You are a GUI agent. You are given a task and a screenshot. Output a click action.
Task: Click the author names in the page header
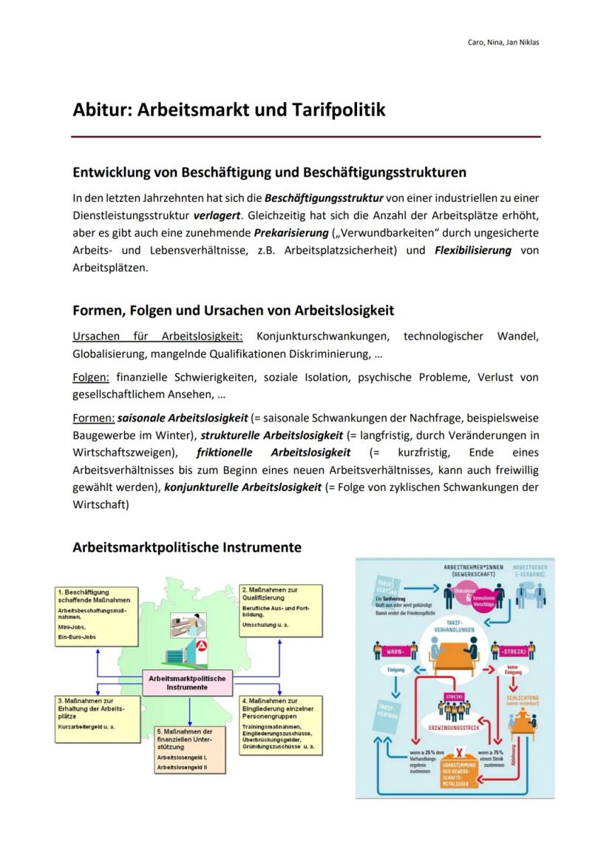coord(503,42)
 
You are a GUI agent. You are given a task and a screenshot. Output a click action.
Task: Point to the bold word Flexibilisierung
coord(472,250)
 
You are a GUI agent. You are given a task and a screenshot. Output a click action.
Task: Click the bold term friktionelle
coord(224,453)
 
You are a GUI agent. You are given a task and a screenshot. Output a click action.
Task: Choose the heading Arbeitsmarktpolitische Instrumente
coord(187,548)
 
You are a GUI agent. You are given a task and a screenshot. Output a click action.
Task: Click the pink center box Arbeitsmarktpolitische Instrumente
coord(188,682)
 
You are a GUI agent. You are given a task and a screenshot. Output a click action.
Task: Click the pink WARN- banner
coord(393,652)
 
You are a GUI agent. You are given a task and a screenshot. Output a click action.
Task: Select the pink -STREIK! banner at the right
coord(511,652)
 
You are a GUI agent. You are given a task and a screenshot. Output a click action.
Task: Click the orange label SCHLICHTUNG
coord(522,697)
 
